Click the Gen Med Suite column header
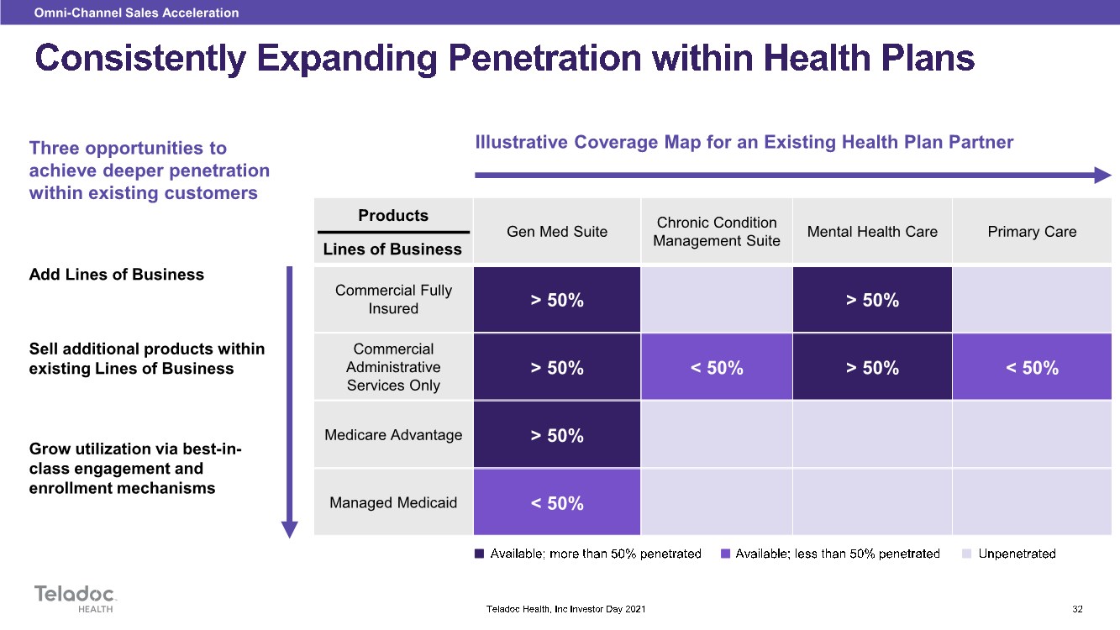point(557,232)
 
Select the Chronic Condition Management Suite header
point(717,232)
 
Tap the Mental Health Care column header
point(872,232)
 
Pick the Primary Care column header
point(1032,232)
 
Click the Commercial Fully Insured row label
point(393,299)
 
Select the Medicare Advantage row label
point(393,435)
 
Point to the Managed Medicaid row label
point(393,502)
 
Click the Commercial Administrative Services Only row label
point(393,367)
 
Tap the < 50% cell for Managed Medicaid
point(557,502)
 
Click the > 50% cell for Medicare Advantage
point(557,435)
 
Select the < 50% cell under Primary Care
point(1032,367)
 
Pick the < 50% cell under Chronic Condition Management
point(717,367)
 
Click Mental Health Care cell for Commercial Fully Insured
point(872,299)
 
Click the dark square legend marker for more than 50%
point(479,554)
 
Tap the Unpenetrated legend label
point(1017,554)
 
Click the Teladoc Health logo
point(76,599)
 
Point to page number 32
point(1077,609)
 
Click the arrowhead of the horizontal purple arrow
point(1102,175)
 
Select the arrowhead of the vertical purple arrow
point(290,529)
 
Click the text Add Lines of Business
point(117,275)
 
